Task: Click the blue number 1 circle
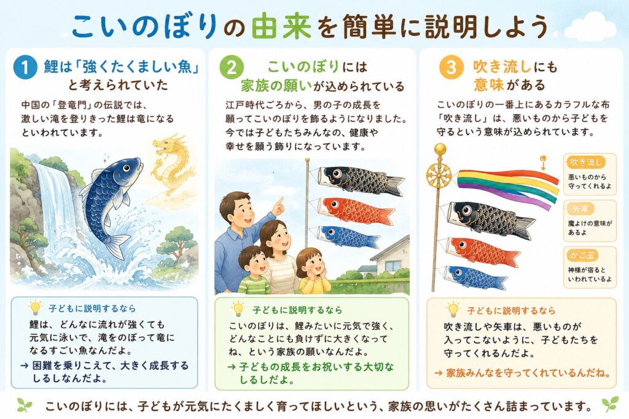click(x=25, y=67)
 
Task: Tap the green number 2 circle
click(x=232, y=67)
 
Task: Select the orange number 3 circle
click(x=451, y=67)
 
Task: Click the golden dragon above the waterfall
click(x=172, y=164)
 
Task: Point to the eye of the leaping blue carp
click(x=127, y=169)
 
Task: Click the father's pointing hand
click(x=278, y=206)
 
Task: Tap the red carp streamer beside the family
click(x=356, y=210)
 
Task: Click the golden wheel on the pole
click(x=439, y=175)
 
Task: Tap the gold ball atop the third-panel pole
click(x=440, y=149)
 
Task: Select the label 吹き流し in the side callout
click(x=586, y=162)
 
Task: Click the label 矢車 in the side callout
click(x=580, y=209)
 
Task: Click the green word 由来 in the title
click(x=281, y=27)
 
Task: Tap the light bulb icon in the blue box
click(x=35, y=307)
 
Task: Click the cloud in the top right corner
click(x=590, y=26)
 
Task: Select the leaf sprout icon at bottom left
click(x=25, y=405)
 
